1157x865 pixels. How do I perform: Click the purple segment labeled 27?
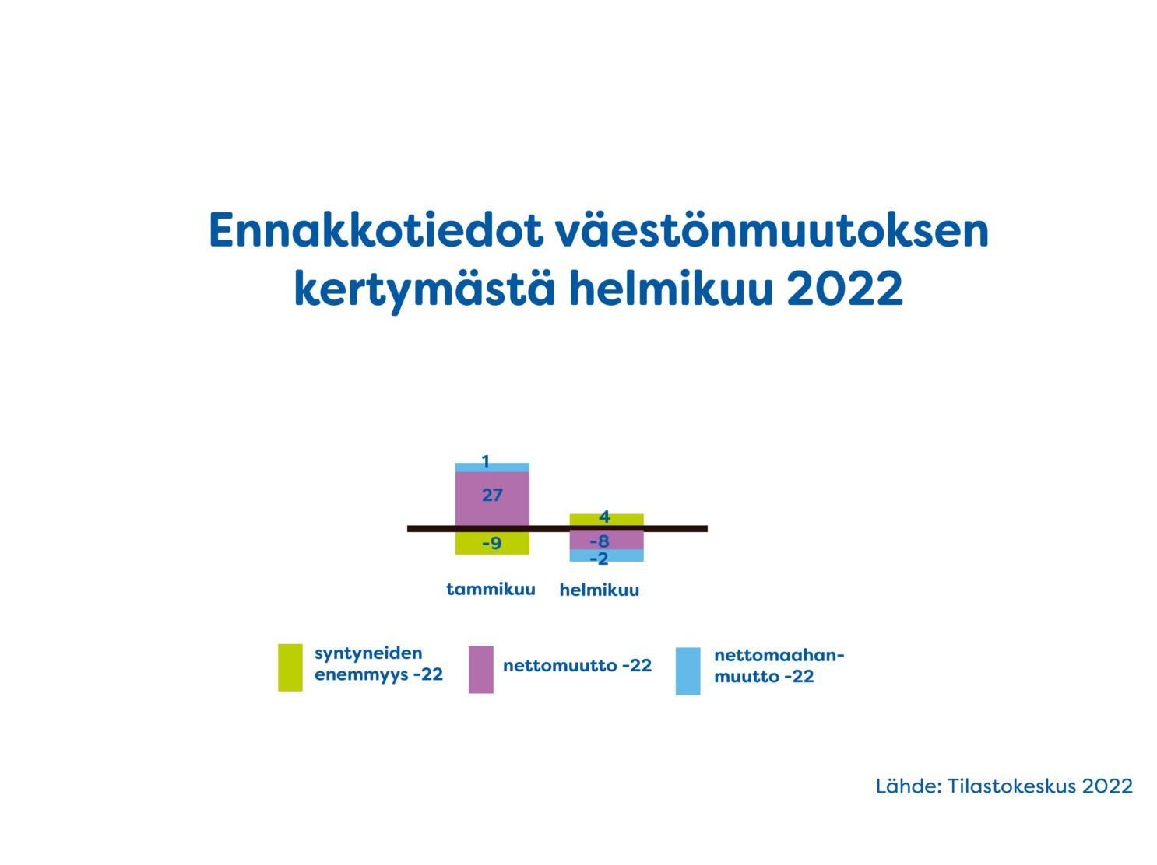492,499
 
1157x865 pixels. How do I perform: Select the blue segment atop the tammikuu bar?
492,467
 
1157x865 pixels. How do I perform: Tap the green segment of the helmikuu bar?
607,520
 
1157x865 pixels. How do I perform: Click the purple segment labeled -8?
607,541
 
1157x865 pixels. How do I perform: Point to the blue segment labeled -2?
607,555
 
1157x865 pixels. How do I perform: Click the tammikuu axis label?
491,589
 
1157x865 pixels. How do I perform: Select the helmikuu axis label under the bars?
600,590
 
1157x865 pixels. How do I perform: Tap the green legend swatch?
290,667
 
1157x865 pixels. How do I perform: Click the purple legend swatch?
480,669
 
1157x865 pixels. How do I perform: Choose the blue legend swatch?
688,671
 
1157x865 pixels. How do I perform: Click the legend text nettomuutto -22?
577,665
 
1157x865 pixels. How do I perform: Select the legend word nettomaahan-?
779,656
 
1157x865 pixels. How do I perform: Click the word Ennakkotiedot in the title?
375,230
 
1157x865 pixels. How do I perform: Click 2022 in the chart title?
845,289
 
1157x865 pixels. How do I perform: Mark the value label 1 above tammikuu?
486,462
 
